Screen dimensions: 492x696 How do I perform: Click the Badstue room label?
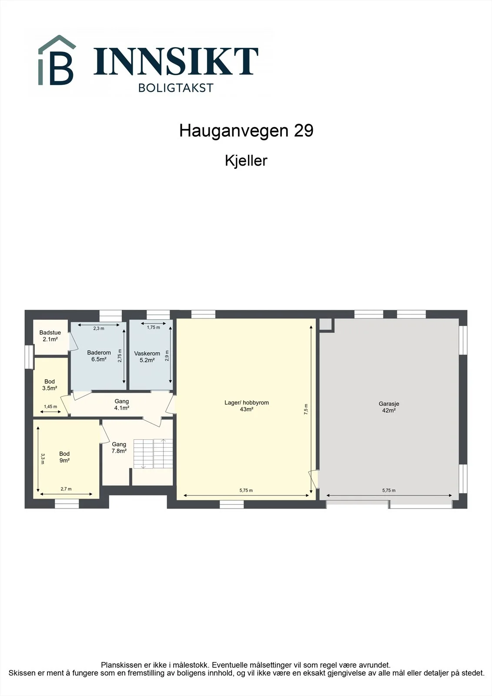pyautogui.click(x=50, y=336)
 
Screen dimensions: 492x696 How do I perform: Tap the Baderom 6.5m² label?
pyautogui.click(x=99, y=356)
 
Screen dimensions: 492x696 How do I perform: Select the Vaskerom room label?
pyautogui.click(x=147, y=357)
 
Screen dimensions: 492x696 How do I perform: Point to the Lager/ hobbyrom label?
pyautogui.click(x=247, y=406)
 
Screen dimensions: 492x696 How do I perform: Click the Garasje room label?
pyautogui.click(x=389, y=407)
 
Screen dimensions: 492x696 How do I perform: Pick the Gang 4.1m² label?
pyautogui.click(x=121, y=405)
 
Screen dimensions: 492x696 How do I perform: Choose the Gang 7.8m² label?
pyautogui.click(x=119, y=448)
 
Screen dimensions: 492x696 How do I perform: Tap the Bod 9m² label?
pyautogui.click(x=64, y=457)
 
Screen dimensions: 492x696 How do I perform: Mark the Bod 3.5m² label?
pyautogui.click(x=50, y=385)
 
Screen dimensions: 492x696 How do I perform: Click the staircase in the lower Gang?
pyautogui.click(x=153, y=454)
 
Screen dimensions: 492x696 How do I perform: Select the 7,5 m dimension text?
pyautogui.click(x=306, y=409)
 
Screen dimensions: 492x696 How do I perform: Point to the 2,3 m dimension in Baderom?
pyautogui.click(x=99, y=328)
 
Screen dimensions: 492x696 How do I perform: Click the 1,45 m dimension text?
pyautogui.click(x=50, y=406)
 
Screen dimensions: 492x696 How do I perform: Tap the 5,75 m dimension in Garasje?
pyautogui.click(x=389, y=490)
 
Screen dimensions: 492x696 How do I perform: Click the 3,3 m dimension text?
pyautogui.click(x=43, y=458)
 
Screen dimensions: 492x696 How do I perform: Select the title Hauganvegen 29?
pyautogui.click(x=246, y=130)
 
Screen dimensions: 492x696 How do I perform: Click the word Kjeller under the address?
pyautogui.click(x=246, y=161)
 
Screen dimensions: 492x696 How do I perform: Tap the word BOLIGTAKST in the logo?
pyautogui.click(x=176, y=88)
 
